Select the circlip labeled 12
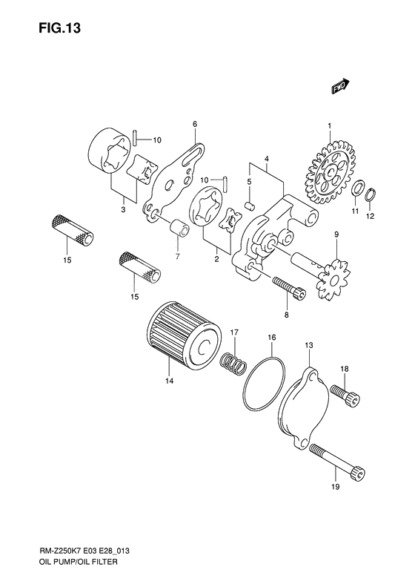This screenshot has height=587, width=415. pyautogui.click(x=371, y=197)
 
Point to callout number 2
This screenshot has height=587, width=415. pyautogui.click(x=216, y=259)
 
